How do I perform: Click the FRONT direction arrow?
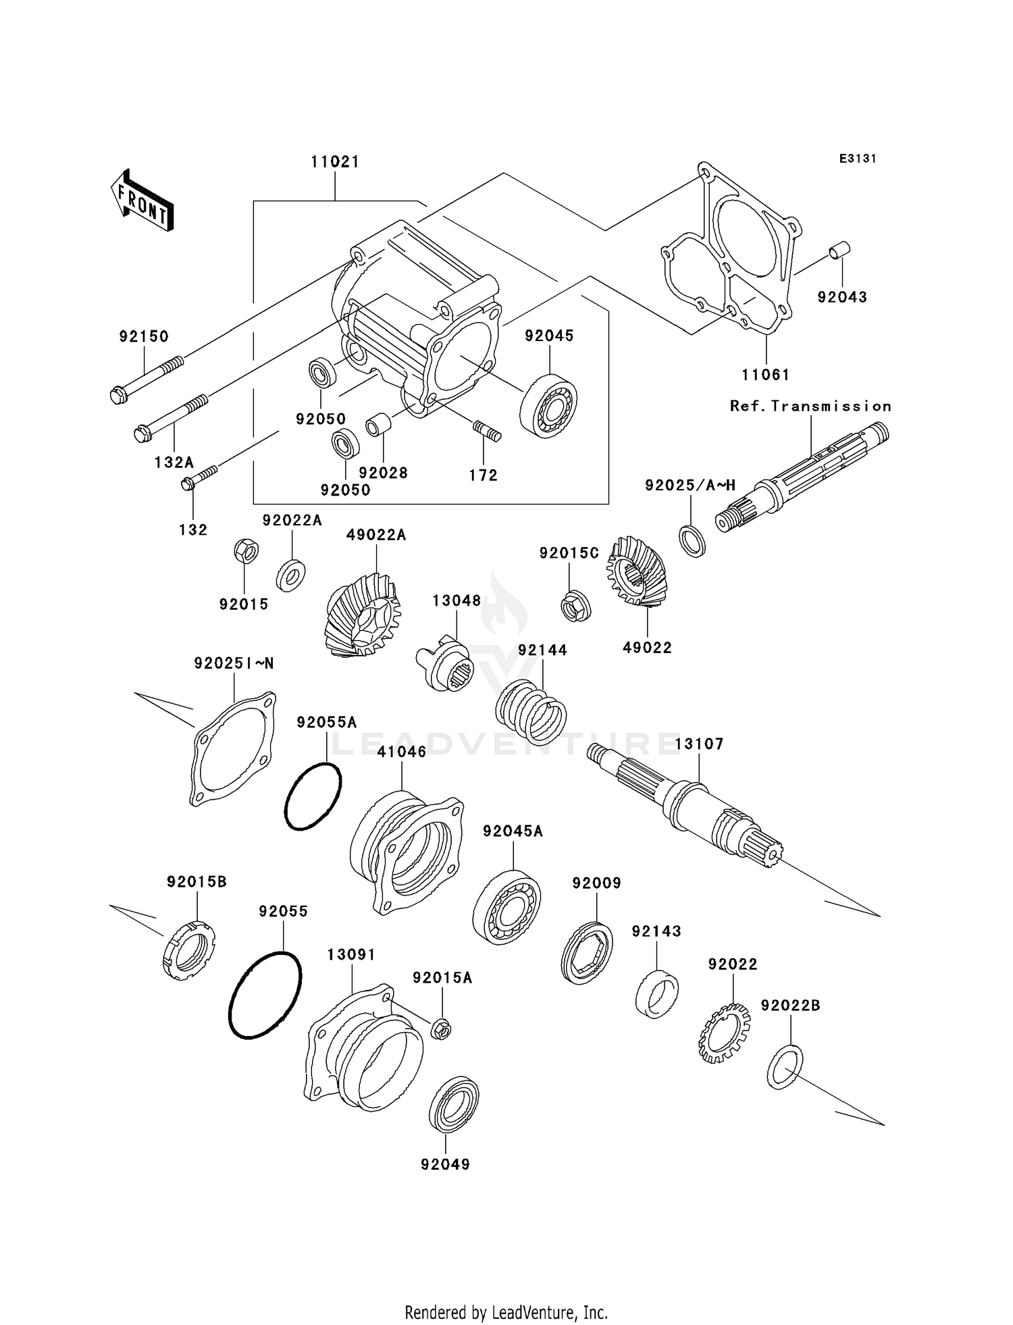pyautogui.click(x=142, y=201)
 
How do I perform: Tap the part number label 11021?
pyautogui.click(x=335, y=162)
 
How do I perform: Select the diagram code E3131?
pyautogui.click(x=857, y=159)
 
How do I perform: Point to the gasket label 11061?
pyautogui.click(x=765, y=374)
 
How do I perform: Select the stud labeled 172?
pyautogui.click(x=486, y=430)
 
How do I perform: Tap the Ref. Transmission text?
pyautogui.click(x=810, y=406)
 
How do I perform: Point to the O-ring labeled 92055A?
pyautogui.click(x=313, y=796)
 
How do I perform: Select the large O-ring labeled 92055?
pyautogui.click(x=265, y=995)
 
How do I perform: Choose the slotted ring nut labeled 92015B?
pyautogui.click(x=189, y=951)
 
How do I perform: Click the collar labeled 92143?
pyautogui.click(x=657, y=993)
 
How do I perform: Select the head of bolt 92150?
pyautogui.click(x=119, y=394)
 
